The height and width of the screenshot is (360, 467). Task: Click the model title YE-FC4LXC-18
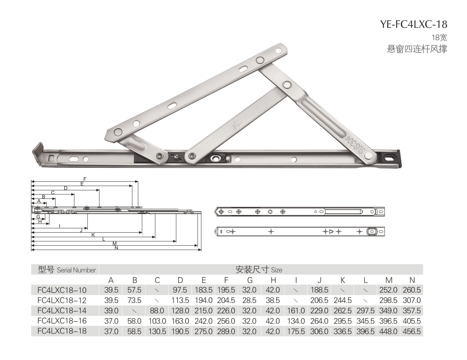click(413, 24)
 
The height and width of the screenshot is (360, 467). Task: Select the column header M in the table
click(388, 280)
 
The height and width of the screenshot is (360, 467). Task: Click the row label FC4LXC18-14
click(62, 310)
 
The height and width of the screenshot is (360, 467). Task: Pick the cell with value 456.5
click(412, 331)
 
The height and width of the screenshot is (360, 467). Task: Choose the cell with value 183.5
click(204, 290)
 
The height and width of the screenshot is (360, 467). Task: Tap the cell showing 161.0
click(296, 311)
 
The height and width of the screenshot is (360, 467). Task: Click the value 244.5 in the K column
click(342, 301)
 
